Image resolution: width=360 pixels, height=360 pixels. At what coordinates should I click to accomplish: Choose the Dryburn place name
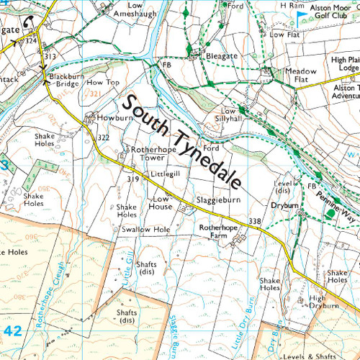[x=284, y=204]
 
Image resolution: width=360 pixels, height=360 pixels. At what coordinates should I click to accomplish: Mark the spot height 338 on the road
[x=253, y=221]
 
